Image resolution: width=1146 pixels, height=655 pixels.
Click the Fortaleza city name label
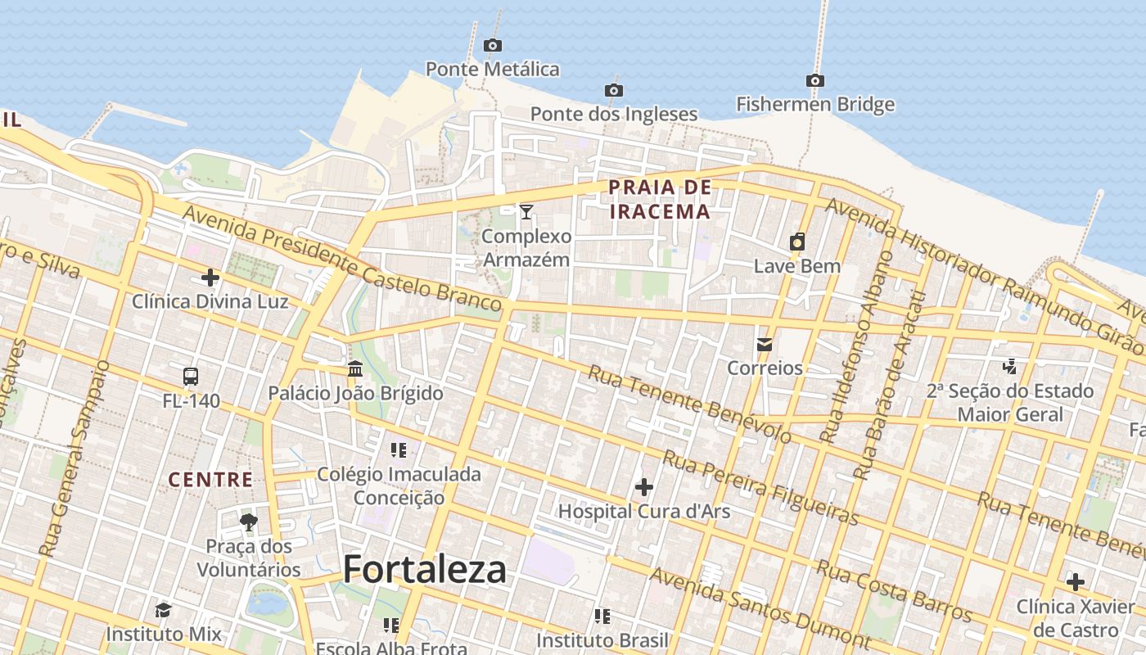click(x=425, y=569)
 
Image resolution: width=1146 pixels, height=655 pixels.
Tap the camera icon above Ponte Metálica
click(x=492, y=45)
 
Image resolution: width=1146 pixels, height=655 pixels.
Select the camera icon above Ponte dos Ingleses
click(x=613, y=90)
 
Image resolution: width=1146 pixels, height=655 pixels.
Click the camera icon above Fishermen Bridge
click(x=814, y=80)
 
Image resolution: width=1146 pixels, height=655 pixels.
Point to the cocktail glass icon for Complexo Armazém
click(x=526, y=212)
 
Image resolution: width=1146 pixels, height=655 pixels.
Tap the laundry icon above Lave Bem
click(x=796, y=242)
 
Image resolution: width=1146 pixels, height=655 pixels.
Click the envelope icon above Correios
click(x=765, y=345)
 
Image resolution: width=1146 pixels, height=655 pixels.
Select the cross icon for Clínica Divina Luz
click(x=210, y=278)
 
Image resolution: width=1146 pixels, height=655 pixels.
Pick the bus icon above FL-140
click(x=191, y=377)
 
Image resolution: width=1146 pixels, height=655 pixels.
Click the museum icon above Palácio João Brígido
click(x=355, y=369)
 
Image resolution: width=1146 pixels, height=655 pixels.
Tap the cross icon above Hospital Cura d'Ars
click(x=644, y=487)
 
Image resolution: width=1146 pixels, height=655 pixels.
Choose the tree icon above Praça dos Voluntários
click(x=249, y=522)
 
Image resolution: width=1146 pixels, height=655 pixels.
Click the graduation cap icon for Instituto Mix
click(x=163, y=610)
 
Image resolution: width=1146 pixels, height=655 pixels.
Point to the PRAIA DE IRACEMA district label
click(x=660, y=200)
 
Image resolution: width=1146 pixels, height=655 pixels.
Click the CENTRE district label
click(x=210, y=480)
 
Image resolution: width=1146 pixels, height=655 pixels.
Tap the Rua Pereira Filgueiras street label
click(x=760, y=487)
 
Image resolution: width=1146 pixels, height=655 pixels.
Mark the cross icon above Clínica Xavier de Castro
click(x=1075, y=582)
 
